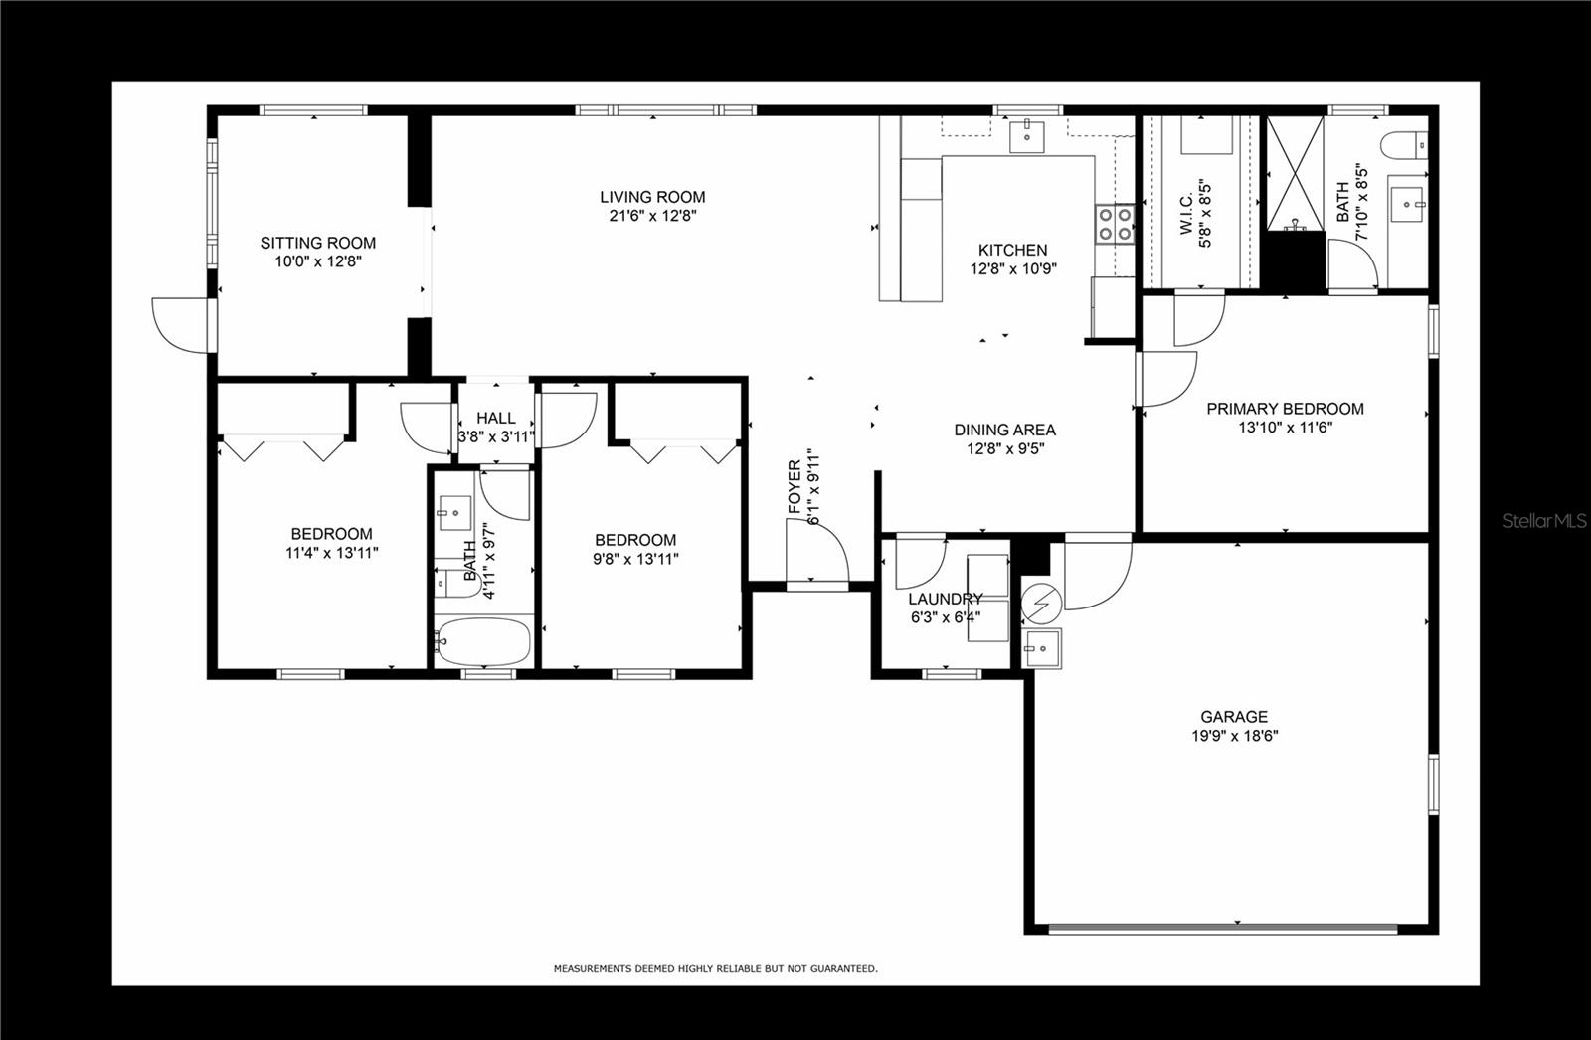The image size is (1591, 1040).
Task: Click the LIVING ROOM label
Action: [x=652, y=198]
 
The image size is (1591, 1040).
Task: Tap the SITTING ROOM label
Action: [x=318, y=243]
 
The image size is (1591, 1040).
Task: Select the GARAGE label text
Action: [x=1234, y=717]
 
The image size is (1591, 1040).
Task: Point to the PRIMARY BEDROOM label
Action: [x=1285, y=409]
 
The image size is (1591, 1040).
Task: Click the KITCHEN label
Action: [x=1013, y=250]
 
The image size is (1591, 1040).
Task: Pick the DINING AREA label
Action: [x=1005, y=430]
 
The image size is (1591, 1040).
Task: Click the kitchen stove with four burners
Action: [x=1115, y=224]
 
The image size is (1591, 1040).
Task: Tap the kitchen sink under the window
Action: [x=1027, y=137]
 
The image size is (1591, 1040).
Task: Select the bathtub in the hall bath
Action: [x=483, y=641]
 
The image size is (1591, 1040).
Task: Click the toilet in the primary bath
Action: [x=1404, y=145]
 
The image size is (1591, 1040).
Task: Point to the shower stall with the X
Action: [x=1296, y=173]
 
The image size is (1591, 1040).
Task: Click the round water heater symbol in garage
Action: [x=1041, y=603]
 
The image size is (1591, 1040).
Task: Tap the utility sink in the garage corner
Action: [x=1042, y=648]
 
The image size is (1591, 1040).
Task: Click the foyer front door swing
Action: [x=816, y=551]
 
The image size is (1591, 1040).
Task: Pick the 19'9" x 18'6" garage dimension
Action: [x=1234, y=736]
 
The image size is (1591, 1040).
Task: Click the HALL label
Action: [x=496, y=418]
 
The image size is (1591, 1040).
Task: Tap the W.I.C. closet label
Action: [x=1186, y=215]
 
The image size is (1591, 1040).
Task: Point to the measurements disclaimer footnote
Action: [x=715, y=968]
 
